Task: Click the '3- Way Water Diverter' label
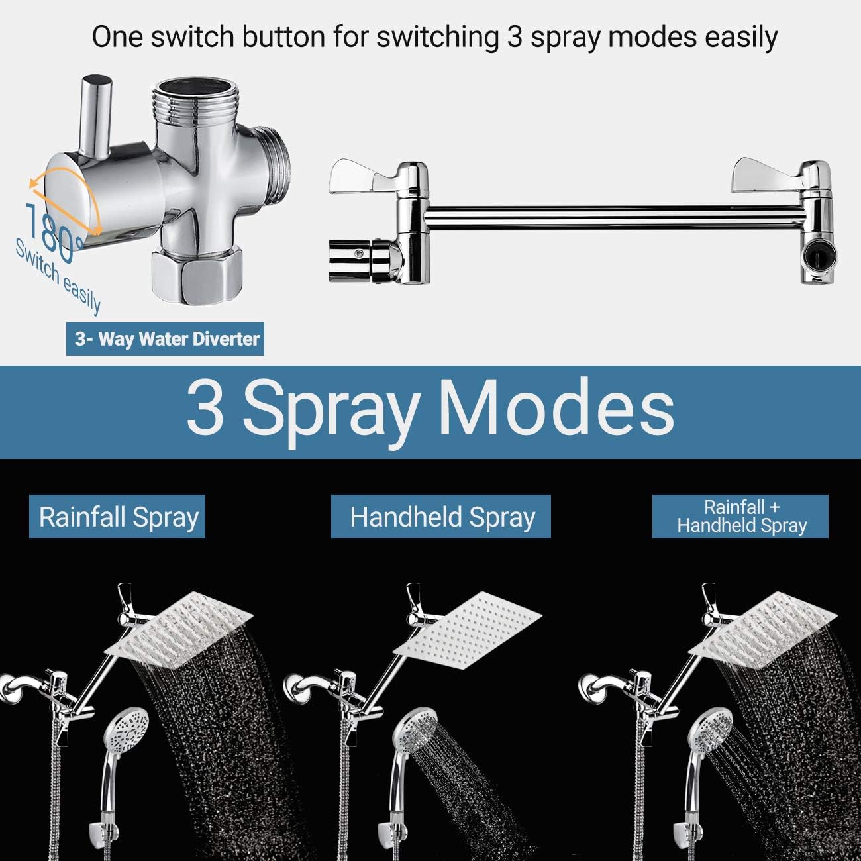(166, 339)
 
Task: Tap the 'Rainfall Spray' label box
(117, 517)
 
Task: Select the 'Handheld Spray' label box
(441, 517)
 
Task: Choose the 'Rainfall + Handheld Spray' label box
(740, 517)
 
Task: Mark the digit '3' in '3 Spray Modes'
(205, 409)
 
